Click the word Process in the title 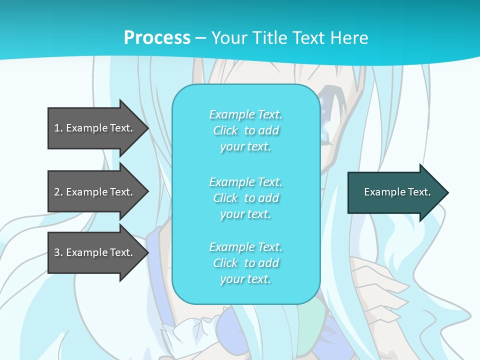pos(157,37)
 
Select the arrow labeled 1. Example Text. pos(95,128)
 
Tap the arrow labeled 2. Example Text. pos(95,192)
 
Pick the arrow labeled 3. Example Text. pos(95,252)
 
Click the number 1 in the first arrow pos(57,128)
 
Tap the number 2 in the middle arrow pos(57,192)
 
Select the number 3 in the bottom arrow pos(57,252)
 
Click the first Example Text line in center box pos(245,114)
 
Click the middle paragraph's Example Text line pos(245,182)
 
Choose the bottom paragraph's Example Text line pos(245,247)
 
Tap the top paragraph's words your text pos(245,147)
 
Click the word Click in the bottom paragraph pos(225,263)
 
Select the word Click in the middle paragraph pos(225,198)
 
